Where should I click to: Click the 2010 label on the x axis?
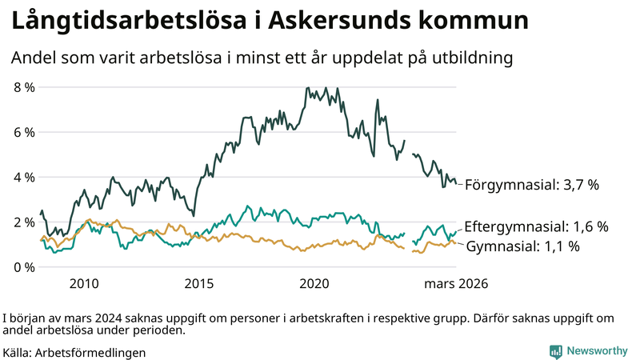[x=84, y=283]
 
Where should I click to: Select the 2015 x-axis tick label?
[x=199, y=283]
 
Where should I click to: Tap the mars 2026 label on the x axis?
[x=456, y=283]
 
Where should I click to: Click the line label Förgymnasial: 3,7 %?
[x=532, y=185]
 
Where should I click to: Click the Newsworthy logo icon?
[x=555, y=351]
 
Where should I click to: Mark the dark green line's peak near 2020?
[x=307, y=89]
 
